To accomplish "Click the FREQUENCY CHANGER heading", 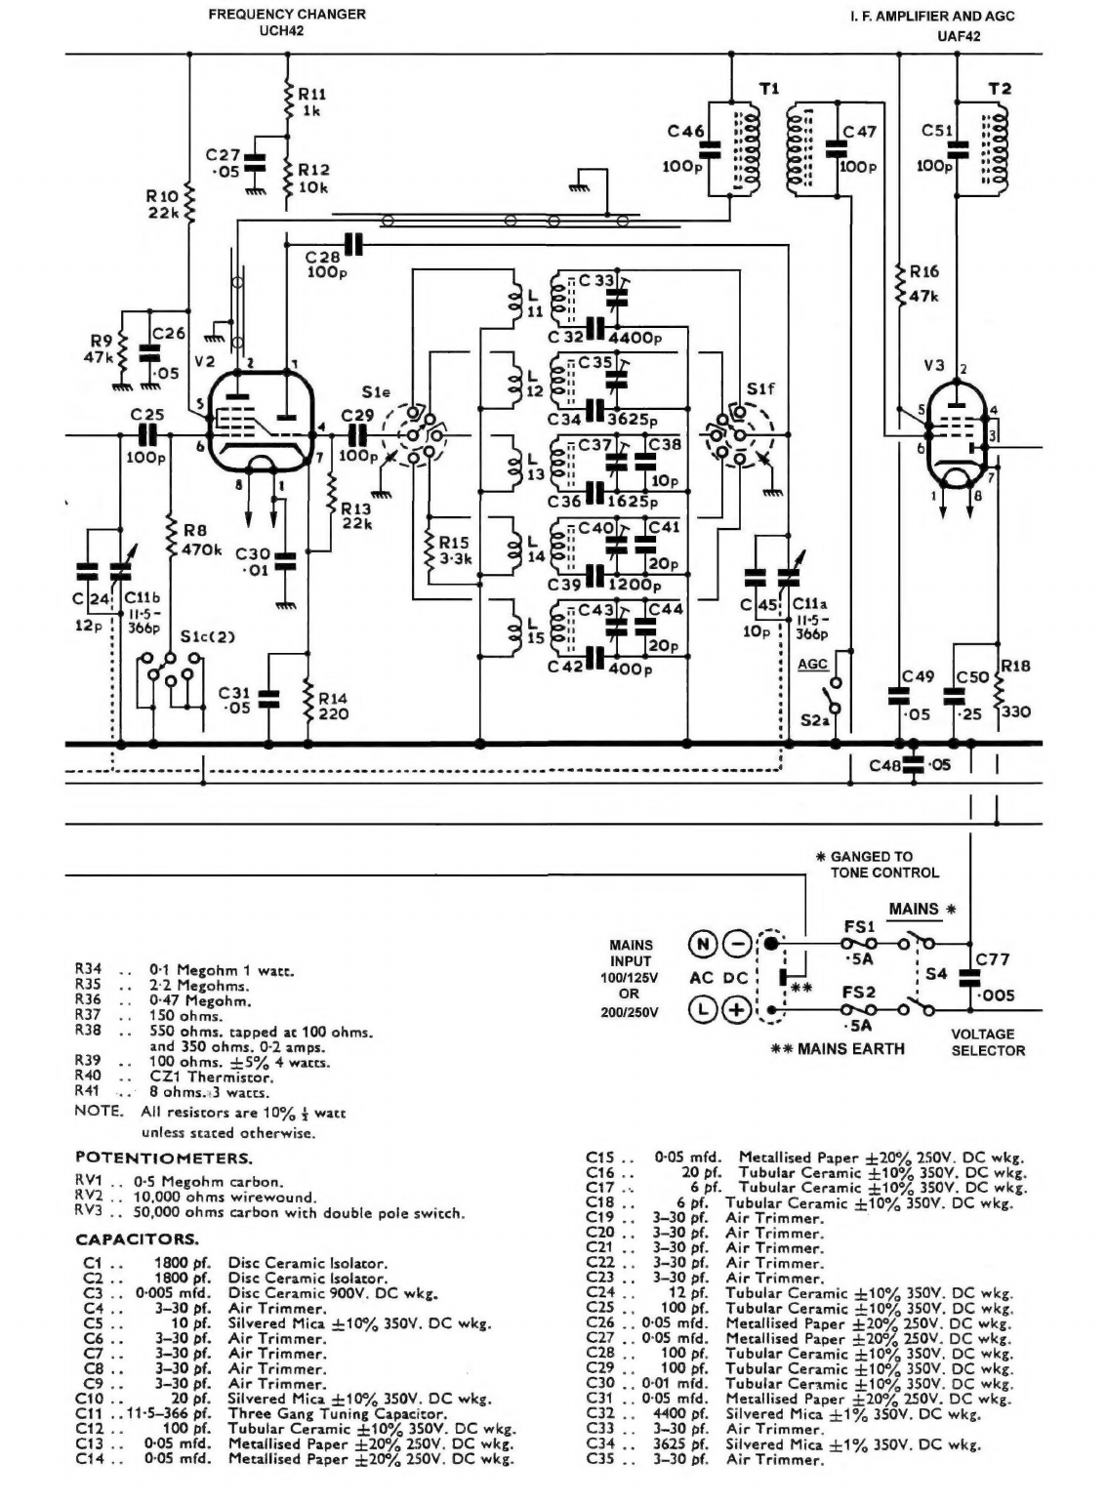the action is click(287, 14).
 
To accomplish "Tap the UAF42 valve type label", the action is click(958, 36).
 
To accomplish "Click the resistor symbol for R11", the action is click(287, 101).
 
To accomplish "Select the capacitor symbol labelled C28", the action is click(353, 244).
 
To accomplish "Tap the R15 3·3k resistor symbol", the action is click(430, 548).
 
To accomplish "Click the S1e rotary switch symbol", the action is click(413, 435).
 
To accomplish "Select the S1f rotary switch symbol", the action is click(736, 436).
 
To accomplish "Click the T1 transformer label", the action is click(769, 89).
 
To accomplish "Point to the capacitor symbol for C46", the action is click(710, 149).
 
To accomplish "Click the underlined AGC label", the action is click(812, 664).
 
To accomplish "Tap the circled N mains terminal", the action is click(703, 945).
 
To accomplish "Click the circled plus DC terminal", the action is click(736, 1010).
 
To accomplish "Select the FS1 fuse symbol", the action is click(859, 944).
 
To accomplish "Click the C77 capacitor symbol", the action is click(970, 977).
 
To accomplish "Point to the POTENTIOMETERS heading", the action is click(164, 1158).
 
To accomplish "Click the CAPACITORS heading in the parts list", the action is click(137, 1239).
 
